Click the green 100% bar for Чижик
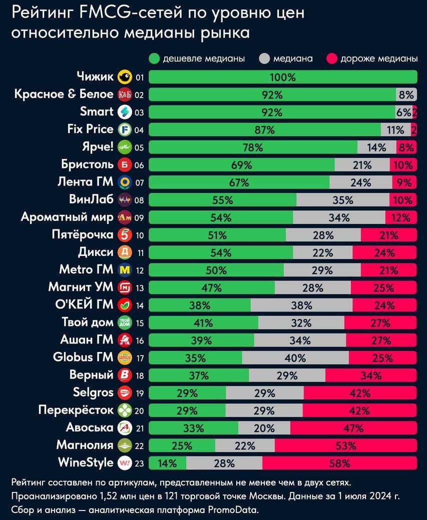[x=283, y=77]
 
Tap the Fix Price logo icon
[x=124, y=130]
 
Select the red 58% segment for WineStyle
[x=339, y=463]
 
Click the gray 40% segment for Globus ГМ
[x=295, y=358]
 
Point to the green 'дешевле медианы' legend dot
[x=154, y=58]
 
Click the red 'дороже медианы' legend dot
[x=331, y=58]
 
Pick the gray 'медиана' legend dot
[x=264, y=58]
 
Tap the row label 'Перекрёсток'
[x=77, y=410]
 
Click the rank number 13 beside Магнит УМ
[x=140, y=288]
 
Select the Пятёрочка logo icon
[x=124, y=235]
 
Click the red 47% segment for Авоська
[x=353, y=428]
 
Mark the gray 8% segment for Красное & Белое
[x=406, y=95]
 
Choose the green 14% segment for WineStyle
[x=167, y=463]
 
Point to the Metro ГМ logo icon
[x=124, y=270]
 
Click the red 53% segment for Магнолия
[x=345, y=445]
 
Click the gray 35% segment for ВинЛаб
[x=342, y=200]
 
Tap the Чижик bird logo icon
[x=124, y=77]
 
